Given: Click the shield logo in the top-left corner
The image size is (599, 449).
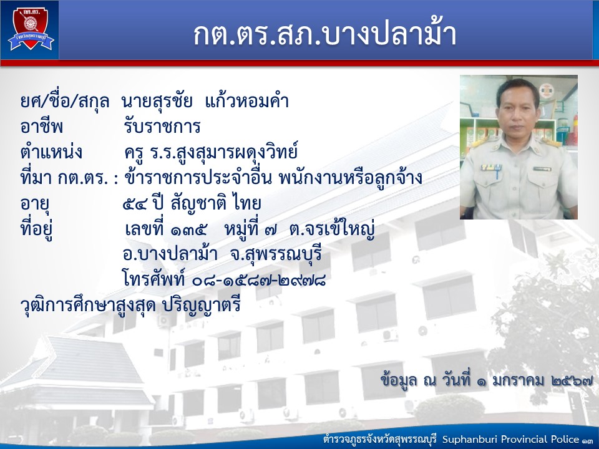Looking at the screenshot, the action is [x=31, y=28].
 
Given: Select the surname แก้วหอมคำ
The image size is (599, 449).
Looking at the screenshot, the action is [x=247, y=101].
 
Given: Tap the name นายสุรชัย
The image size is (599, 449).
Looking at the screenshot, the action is [x=157, y=102].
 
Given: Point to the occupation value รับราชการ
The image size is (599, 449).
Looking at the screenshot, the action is [x=162, y=126].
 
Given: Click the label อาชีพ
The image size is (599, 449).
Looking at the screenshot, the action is [x=42, y=125].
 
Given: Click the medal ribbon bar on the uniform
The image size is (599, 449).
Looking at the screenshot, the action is [x=491, y=167].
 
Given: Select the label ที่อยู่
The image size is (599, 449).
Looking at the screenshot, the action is [x=36, y=229].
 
